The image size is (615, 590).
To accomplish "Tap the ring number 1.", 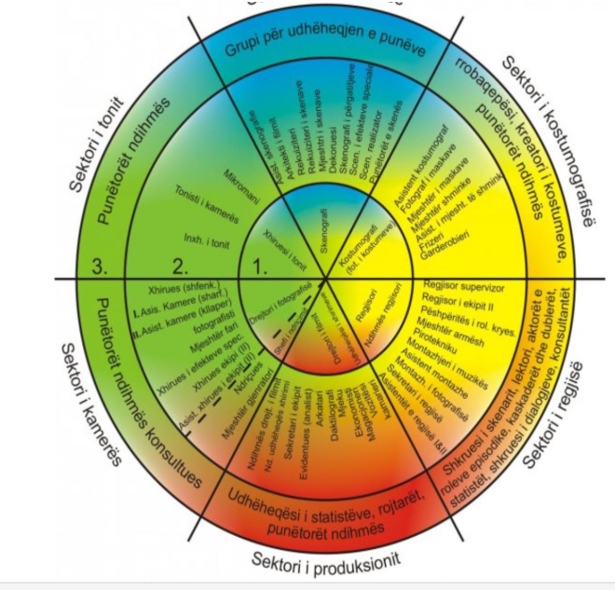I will (263, 265).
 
